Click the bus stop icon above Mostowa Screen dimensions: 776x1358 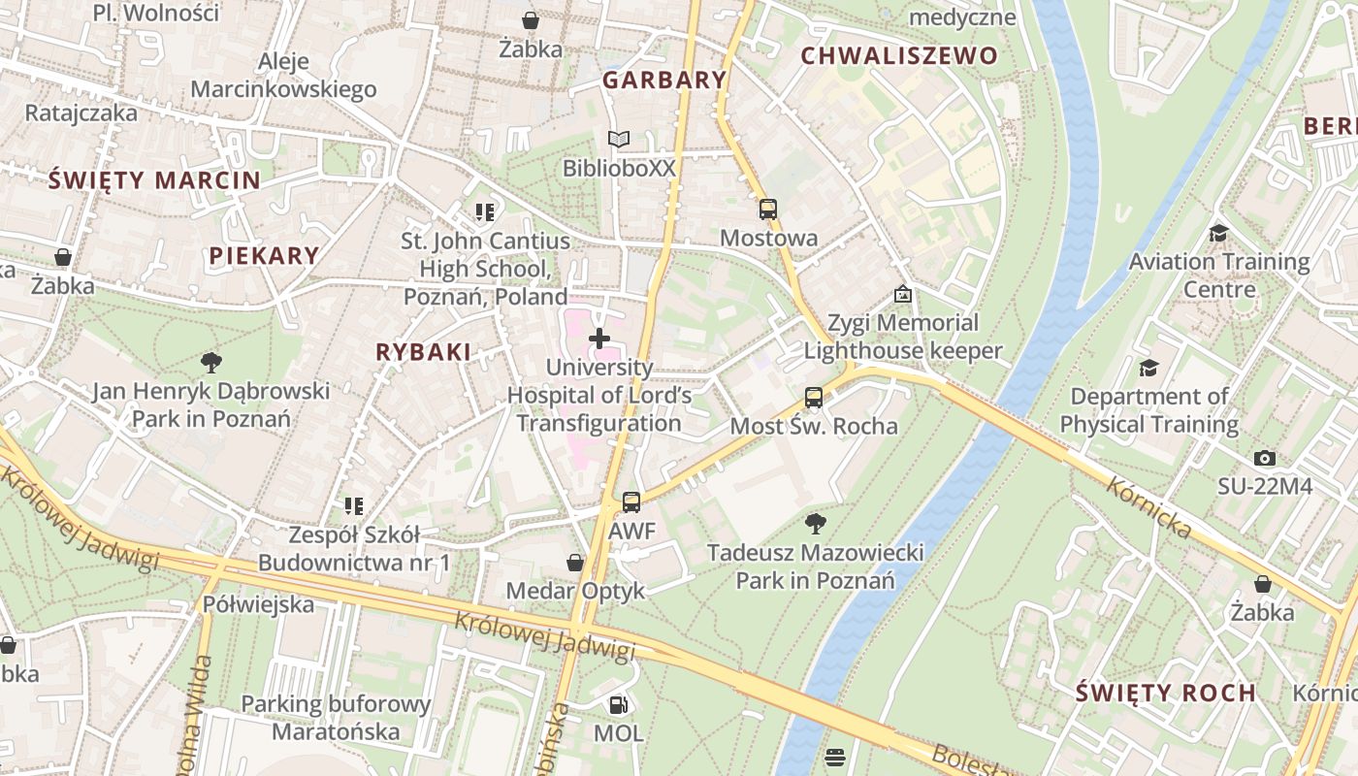coord(767,209)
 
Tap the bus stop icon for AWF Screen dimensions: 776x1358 coord(631,501)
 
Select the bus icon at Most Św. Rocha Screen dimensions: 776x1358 coord(814,397)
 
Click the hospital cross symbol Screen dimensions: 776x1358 coord(599,339)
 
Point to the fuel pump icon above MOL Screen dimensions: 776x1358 coord(618,704)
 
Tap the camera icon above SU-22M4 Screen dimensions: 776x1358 coord(1264,458)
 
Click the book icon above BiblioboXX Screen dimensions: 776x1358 coord(618,140)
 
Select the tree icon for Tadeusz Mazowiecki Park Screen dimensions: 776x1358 coord(816,524)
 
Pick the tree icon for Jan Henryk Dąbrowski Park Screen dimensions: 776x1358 coord(210,363)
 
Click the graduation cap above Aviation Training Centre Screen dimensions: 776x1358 coord(1218,233)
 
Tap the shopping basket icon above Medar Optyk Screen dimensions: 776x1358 coord(575,563)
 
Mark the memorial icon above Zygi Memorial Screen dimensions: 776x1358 coord(903,293)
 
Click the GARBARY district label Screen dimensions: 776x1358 coord(664,81)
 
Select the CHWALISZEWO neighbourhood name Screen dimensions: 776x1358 coord(899,56)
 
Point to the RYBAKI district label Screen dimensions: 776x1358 coord(423,353)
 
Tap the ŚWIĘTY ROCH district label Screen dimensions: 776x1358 coord(1166,693)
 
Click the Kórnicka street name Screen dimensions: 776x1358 coord(1148,507)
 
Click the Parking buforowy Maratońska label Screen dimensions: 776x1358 coord(336,718)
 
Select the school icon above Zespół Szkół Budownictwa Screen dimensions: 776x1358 coord(354,505)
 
